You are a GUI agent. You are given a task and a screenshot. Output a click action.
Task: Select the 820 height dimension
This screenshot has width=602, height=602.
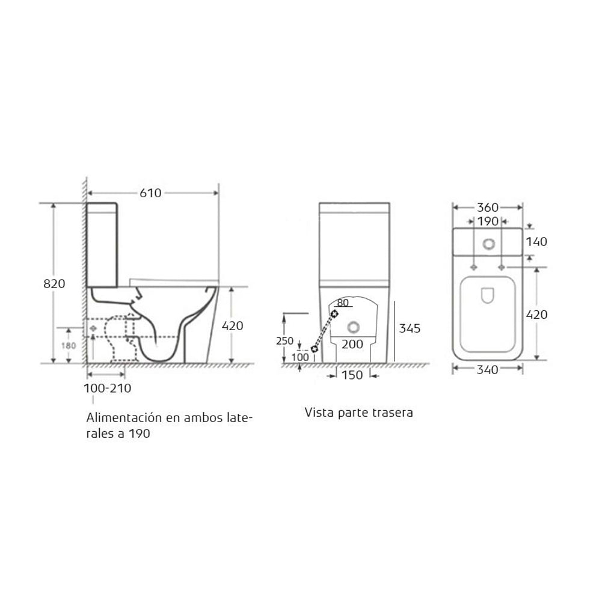[x=55, y=283]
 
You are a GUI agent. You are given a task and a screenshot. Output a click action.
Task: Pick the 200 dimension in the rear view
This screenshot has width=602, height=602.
[x=352, y=344]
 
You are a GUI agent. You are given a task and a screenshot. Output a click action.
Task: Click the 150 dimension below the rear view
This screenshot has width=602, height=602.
[x=352, y=375]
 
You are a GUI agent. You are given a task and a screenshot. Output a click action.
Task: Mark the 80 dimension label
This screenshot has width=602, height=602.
[x=343, y=303]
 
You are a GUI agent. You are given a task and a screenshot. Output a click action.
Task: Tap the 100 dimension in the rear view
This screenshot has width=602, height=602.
[x=300, y=357]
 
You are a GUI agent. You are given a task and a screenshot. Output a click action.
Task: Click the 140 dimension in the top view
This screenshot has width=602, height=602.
[x=536, y=242]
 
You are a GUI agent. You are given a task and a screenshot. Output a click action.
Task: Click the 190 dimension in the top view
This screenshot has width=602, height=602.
[x=487, y=221]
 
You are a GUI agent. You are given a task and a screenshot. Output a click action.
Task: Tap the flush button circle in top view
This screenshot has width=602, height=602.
[x=488, y=244]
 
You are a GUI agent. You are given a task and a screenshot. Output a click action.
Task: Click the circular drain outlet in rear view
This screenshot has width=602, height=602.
[x=353, y=327]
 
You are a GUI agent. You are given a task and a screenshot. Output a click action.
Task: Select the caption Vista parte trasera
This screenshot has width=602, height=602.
[x=358, y=414]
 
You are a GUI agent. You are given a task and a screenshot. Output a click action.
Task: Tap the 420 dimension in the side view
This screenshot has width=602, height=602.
[x=232, y=325]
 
